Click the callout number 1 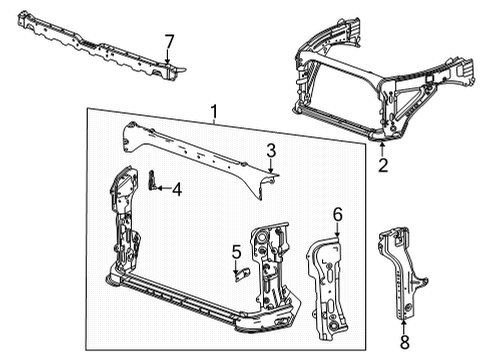(213, 110)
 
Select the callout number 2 (383, 166)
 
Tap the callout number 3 (271, 150)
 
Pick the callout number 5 (237, 250)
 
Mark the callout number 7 (169, 41)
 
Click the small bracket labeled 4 (153, 180)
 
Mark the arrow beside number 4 (162, 187)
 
